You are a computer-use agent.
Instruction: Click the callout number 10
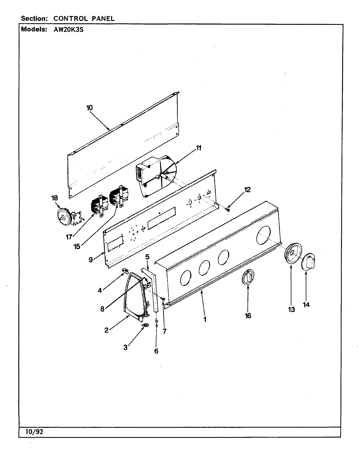[x=90, y=107]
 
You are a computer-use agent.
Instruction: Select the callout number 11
[x=199, y=148]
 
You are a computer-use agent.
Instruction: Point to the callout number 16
[x=248, y=316]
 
